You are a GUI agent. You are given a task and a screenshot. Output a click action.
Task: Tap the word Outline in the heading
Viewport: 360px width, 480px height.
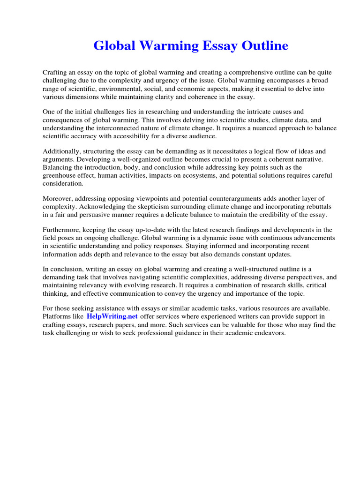(265, 46)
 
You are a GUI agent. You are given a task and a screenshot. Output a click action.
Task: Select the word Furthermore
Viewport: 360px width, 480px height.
(63, 230)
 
